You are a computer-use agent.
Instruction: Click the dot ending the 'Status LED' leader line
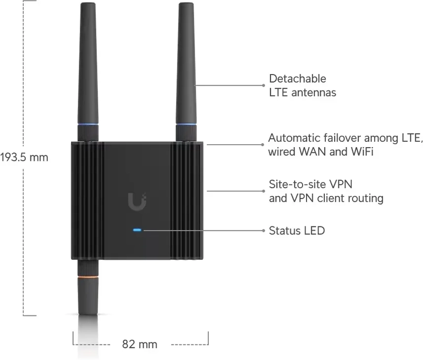tap(263, 230)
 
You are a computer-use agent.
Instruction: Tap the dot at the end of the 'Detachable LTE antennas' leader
tap(263, 85)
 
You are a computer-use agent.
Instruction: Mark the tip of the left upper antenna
tap(88, 3)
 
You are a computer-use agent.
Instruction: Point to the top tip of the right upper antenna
tap(186, 3)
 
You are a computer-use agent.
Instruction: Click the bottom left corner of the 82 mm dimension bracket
tap(73, 345)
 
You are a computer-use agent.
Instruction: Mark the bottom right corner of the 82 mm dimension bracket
tap(208, 345)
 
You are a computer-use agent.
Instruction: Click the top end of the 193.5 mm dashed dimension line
tap(24, 1)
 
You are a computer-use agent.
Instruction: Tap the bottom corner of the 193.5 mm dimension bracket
tap(24, 315)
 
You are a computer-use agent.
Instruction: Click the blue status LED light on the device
tap(137, 230)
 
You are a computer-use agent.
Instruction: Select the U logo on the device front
tap(137, 201)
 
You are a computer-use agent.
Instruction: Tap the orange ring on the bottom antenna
tap(88, 277)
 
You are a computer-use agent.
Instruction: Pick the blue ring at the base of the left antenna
tap(88, 125)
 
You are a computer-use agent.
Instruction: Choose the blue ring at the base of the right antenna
tap(186, 125)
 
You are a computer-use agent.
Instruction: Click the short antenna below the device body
tap(88, 287)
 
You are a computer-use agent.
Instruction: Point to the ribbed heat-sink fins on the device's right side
tap(187, 201)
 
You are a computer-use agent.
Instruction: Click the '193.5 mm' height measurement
tap(24, 157)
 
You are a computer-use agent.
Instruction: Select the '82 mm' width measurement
tap(140, 345)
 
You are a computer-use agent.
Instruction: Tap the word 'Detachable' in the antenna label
tap(298, 78)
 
